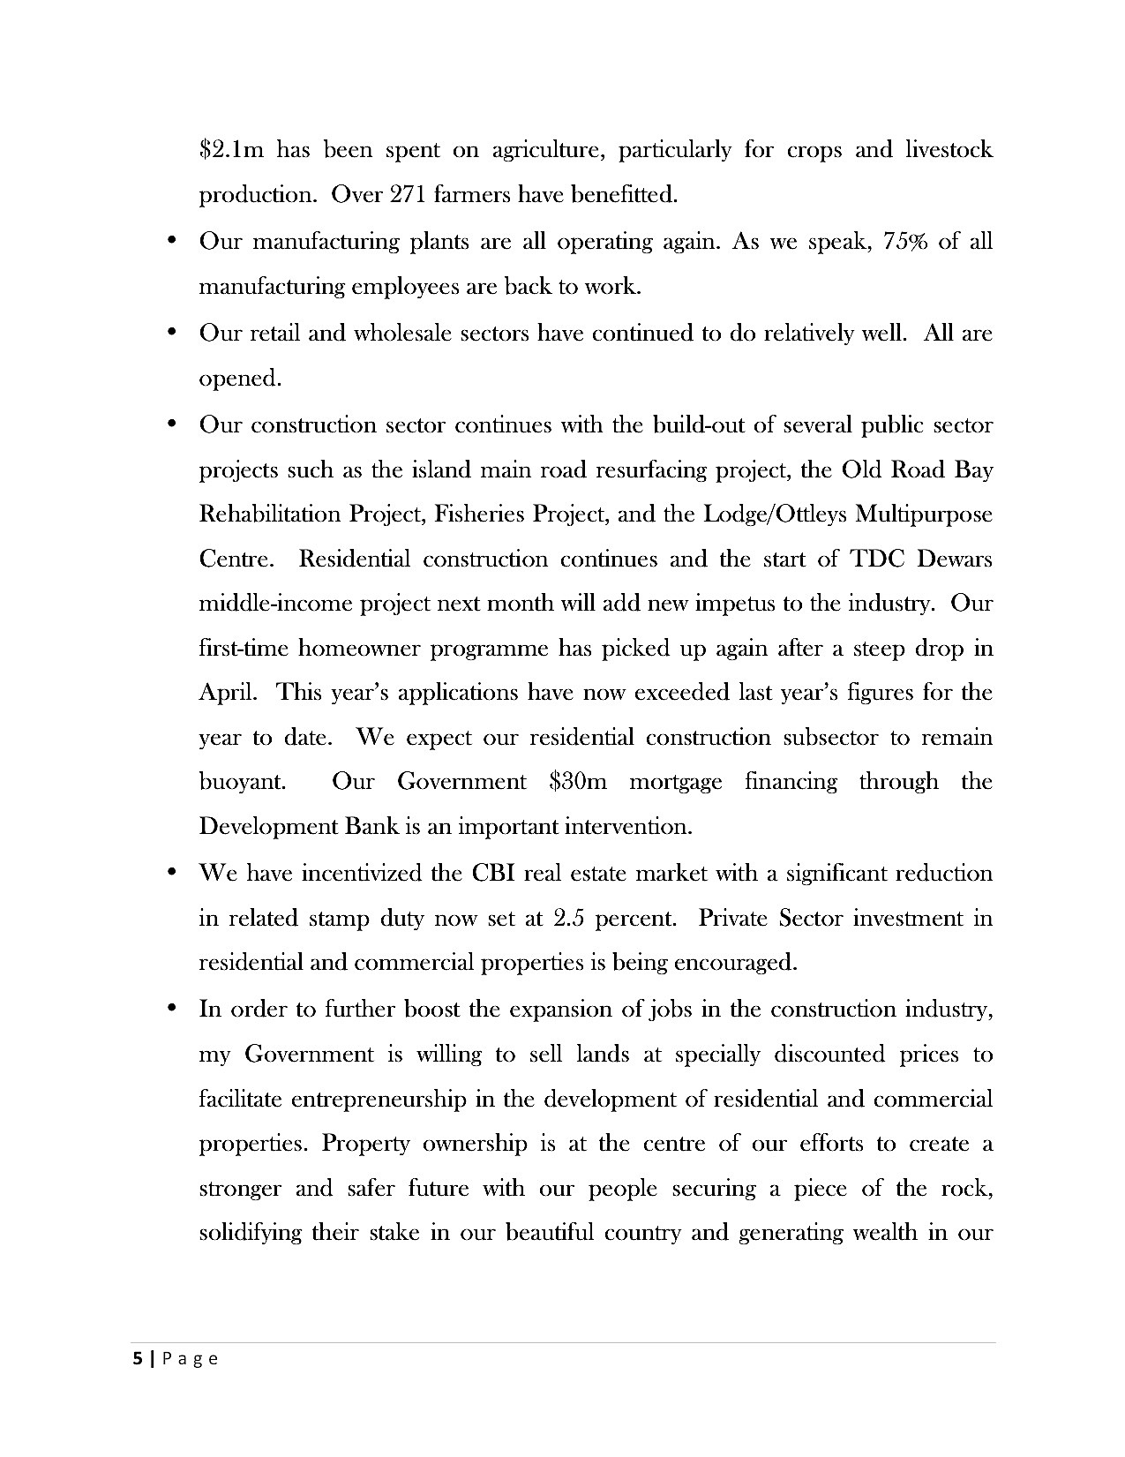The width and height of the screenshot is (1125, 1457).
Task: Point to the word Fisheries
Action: click(477, 514)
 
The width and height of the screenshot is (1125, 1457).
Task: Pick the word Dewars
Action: click(955, 560)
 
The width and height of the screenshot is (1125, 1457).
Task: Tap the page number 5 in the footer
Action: click(136, 1359)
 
